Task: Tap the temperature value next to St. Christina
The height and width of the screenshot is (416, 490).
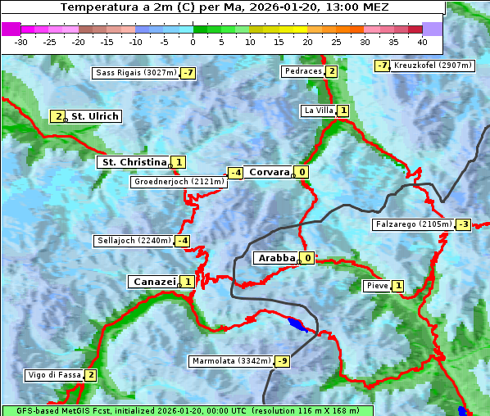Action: point(179,162)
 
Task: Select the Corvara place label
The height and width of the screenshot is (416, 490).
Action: point(269,172)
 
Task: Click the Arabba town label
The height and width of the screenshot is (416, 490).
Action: point(275,258)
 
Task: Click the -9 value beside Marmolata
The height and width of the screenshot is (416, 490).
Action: point(283,361)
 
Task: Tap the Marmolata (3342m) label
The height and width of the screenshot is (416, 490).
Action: point(231,361)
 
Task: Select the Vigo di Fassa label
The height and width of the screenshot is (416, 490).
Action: point(54,375)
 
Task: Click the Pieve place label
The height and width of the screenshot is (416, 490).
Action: point(377,286)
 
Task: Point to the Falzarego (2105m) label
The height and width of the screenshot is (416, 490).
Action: point(413,224)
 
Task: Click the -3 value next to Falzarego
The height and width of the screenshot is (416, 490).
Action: point(464,224)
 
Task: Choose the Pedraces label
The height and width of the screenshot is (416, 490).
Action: point(302,71)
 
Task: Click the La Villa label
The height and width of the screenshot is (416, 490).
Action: point(318,111)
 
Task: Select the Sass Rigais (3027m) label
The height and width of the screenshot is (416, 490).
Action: point(135,73)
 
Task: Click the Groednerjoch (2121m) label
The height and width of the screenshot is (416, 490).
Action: point(178,182)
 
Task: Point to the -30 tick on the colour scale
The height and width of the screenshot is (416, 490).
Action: point(21,40)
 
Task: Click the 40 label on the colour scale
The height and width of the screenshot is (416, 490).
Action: point(422,40)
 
